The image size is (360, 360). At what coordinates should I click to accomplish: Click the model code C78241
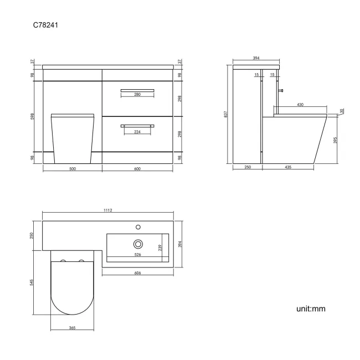tap(47, 25)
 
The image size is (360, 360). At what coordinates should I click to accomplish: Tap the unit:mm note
tap(311, 308)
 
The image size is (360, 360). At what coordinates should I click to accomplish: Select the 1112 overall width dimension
tap(108, 210)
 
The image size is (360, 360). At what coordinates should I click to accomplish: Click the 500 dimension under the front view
tap(73, 170)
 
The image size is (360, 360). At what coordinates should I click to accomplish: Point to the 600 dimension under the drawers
tap(137, 170)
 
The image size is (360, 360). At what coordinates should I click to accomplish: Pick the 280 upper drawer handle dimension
tap(137, 95)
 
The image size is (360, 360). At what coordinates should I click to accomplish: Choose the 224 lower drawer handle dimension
tap(137, 131)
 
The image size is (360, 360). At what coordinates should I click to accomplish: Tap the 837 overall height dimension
tap(226, 114)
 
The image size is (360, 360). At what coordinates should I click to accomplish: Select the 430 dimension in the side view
tap(300, 105)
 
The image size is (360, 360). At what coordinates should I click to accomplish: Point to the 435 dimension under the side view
tap(288, 167)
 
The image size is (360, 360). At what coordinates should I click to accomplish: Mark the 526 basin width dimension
tap(137, 255)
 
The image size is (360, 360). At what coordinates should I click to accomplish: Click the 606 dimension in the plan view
tap(137, 273)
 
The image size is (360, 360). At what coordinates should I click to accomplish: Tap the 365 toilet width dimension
tap(73, 328)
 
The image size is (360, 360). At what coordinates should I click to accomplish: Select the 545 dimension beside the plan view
tap(33, 282)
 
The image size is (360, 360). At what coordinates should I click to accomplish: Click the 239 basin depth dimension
tap(161, 248)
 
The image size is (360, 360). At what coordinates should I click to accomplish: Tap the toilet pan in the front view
tap(73, 138)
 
